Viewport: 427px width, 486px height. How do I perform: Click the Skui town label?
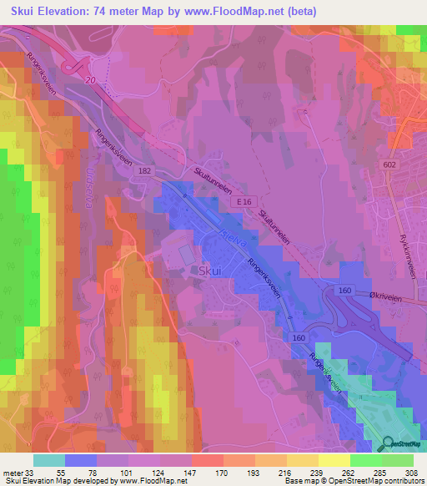209,271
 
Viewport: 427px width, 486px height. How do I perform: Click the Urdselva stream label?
87,193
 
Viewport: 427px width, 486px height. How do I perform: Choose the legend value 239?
316,473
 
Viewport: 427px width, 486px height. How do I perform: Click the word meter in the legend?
12,473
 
